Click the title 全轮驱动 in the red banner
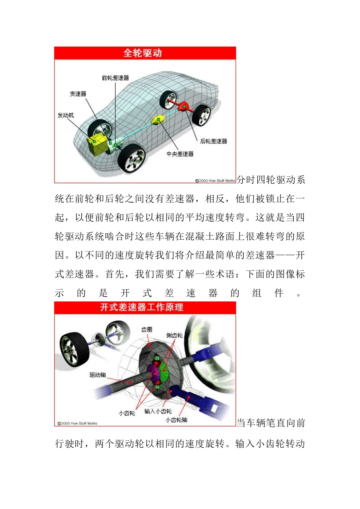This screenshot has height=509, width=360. [143, 53]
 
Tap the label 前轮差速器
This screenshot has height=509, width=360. [115, 78]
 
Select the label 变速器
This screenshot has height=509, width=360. [78, 94]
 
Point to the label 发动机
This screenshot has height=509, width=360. [66, 115]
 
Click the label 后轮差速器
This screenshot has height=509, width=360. [213, 141]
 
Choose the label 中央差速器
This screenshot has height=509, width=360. [180, 154]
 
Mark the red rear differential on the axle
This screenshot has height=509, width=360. [184, 106]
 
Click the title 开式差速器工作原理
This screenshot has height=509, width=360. [142, 307]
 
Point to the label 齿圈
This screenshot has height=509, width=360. [147, 330]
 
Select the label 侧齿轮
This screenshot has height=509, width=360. [174, 336]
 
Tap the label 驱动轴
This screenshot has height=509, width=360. [97, 375]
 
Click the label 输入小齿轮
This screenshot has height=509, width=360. [158, 411]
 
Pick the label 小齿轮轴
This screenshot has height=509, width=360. [176, 420]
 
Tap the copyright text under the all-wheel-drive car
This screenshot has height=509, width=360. [215, 181]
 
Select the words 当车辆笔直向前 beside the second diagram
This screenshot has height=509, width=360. [271, 423]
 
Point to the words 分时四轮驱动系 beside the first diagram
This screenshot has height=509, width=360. [271, 180]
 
